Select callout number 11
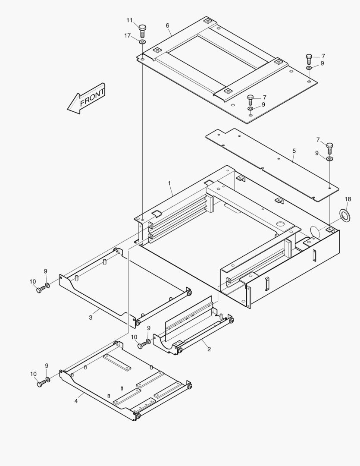pyautogui.click(x=130, y=20)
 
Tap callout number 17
pyautogui.click(x=128, y=35)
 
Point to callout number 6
pyautogui.click(x=167, y=25)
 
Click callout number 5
pyautogui.click(x=294, y=151)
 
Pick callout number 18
pyautogui.click(x=348, y=199)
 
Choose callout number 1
pyautogui.click(x=170, y=183)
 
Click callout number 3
pyautogui.click(x=91, y=318)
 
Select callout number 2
pyautogui.click(x=209, y=349)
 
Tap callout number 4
pyautogui.click(x=76, y=401)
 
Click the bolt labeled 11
pyautogui.click(x=143, y=30)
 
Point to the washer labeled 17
pyautogui.click(x=142, y=41)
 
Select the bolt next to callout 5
pyautogui.click(x=330, y=148)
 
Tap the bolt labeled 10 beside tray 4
pyautogui.click(x=41, y=383)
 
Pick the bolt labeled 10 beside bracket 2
pyautogui.click(x=141, y=345)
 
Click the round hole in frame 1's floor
pyautogui.click(x=280, y=224)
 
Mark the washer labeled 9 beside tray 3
pyautogui.click(x=47, y=286)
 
